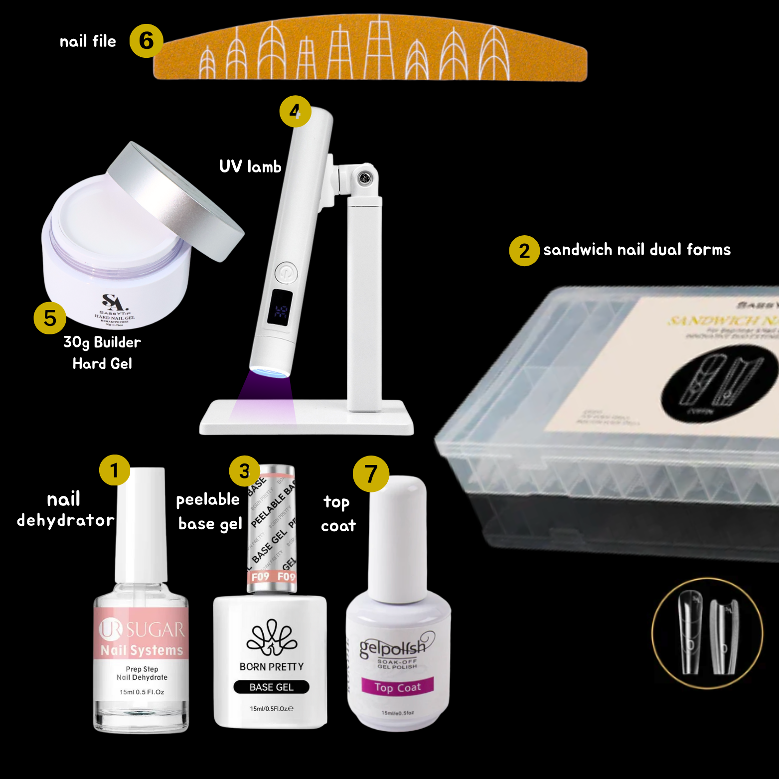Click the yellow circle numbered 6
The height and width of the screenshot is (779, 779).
pyautogui.click(x=146, y=41)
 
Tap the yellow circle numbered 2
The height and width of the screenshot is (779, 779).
pyautogui.click(x=524, y=251)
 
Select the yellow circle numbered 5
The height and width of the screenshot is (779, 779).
pyautogui.click(x=50, y=318)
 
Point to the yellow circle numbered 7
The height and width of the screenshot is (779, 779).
pyautogui.click(x=370, y=474)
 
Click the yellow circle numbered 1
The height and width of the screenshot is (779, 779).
pyautogui.click(x=114, y=470)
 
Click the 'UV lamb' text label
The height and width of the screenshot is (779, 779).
pyautogui.click(x=250, y=166)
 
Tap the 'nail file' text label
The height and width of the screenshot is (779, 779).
pyautogui.click(x=88, y=41)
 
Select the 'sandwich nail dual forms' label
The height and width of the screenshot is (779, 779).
pyautogui.click(x=636, y=250)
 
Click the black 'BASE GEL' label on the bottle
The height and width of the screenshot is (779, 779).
pyautogui.click(x=271, y=687)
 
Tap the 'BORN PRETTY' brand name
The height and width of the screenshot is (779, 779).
pyautogui.click(x=271, y=667)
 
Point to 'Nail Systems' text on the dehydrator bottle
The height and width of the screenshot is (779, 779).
pyautogui.click(x=142, y=650)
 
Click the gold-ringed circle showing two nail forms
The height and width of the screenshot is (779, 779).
pyautogui.click(x=707, y=633)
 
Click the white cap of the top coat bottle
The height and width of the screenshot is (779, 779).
pyautogui.click(x=397, y=538)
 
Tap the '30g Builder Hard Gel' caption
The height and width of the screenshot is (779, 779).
pyautogui.click(x=102, y=353)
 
